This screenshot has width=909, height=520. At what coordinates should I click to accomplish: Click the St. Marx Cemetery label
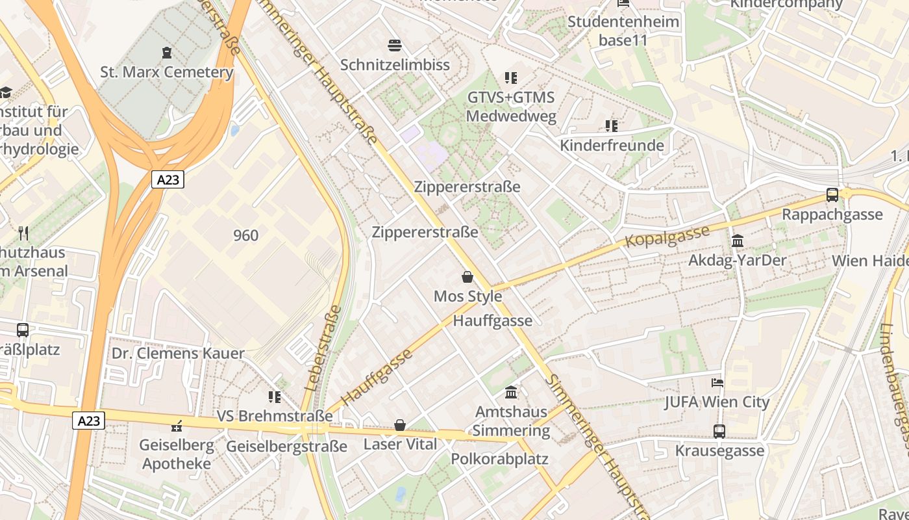(x=166, y=71)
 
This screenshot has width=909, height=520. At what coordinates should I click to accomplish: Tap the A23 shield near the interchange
(x=168, y=179)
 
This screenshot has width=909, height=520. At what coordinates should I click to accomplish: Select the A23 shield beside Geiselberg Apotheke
(x=88, y=421)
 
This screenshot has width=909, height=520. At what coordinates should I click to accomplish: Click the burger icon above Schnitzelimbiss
(x=395, y=45)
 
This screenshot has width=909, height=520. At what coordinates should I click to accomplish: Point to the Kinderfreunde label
(x=612, y=145)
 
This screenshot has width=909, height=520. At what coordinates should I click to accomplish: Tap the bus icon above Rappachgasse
(x=832, y=194)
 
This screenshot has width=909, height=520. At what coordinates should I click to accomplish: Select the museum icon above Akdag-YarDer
(x=738, y=241)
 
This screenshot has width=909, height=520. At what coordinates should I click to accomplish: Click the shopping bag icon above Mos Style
(x=467, y=278)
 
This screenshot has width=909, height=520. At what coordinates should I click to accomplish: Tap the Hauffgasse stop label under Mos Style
(x=492, y=320)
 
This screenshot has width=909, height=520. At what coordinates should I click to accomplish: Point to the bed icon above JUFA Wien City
(x=717, y=383)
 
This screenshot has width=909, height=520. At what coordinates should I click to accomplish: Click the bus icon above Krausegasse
(x=719, y=431)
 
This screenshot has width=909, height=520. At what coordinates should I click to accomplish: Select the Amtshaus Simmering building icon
(x=511, y=393)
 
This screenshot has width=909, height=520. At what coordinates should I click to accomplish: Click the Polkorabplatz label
(x=499, y=459)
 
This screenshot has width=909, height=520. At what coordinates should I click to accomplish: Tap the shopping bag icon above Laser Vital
(x=400, y=425)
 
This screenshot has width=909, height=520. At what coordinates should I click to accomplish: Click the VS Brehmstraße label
(x=274, y=416)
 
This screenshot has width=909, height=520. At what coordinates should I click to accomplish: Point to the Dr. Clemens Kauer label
(x=178, y=354)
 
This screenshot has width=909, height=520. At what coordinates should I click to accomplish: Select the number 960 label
(x=245, y=235)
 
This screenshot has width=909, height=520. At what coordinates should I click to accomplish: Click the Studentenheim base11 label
(x=623, y=31)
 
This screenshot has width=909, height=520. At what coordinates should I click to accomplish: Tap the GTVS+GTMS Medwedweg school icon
(x=511, y=78)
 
